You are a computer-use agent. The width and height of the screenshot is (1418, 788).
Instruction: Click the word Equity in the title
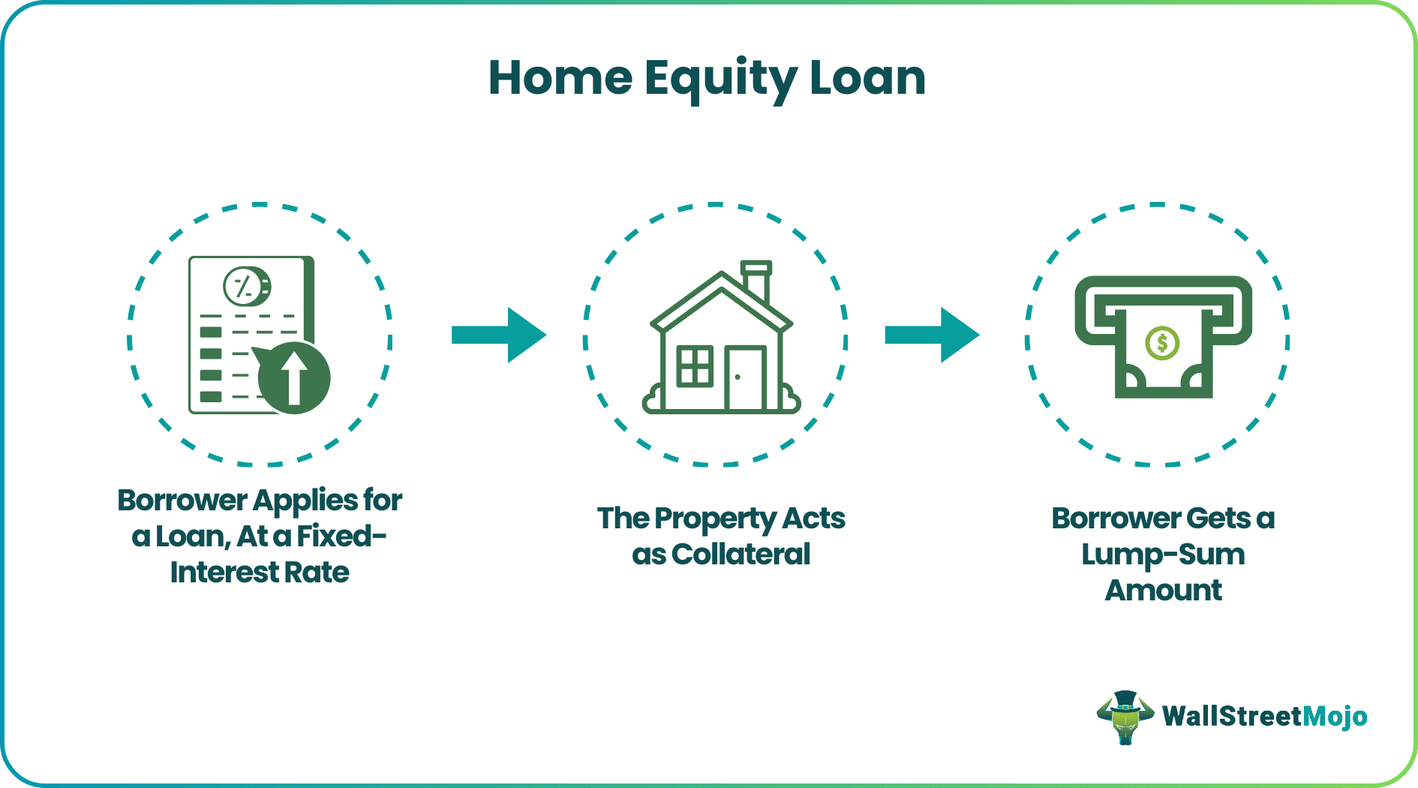[x=720, y=79]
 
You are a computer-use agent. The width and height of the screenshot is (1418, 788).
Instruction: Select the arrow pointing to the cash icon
[x=932, y=335]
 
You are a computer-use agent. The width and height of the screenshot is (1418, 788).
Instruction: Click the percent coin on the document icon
[x=247, y=286]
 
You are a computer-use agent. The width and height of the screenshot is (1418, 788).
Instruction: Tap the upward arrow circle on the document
[x=294, y=377]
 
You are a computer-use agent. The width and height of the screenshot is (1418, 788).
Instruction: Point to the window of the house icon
[x=695, y=366]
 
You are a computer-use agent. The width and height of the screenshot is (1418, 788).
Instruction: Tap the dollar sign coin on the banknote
[x=1162, y=343]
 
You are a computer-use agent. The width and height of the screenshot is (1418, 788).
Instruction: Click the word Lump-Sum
[x=1163, y=555]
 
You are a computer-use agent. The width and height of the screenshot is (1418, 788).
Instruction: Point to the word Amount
[x=1163, y=591]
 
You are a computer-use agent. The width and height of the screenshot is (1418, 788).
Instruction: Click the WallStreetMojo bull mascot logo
[x=1125, y=717]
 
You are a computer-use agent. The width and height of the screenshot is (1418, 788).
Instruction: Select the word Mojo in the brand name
[x=1335, y=717]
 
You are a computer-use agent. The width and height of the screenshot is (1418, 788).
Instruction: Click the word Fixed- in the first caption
[x=341, y=537]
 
